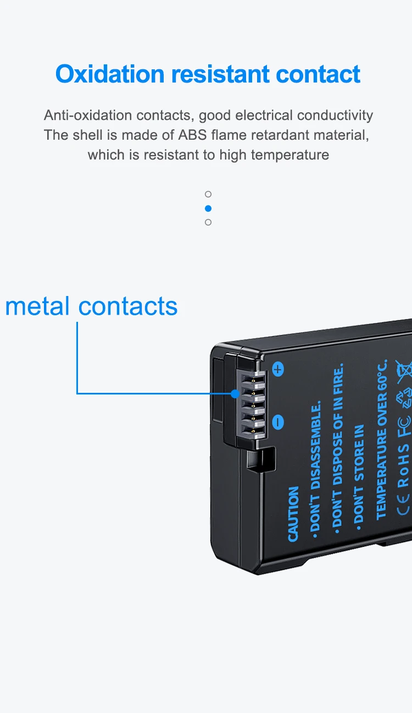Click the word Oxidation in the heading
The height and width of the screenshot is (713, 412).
tap(110, 74)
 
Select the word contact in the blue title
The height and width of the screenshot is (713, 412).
tap(319, 74)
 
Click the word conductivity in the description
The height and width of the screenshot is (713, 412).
tap(335, 116)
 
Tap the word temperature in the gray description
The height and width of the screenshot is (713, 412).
tap(289, 155)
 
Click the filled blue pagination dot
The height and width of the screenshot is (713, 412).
tap(208, 209)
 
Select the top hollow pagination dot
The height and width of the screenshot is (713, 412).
tap(208, 194)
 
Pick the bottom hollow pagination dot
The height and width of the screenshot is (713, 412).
tap(208, 222)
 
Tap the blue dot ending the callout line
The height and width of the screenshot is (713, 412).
tap(235, 393)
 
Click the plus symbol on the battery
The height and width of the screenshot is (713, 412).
tap(278, 369)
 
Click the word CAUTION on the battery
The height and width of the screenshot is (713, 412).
tap(293, 513)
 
